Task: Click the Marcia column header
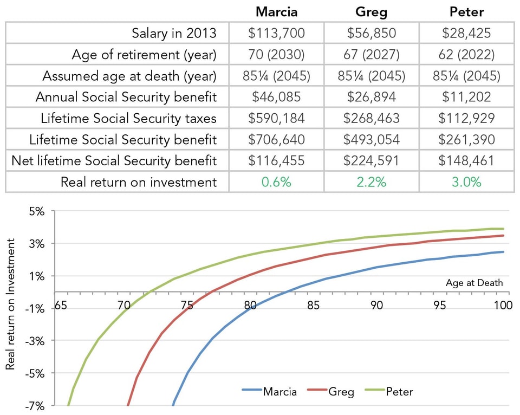coord(276,11)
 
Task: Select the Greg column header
coord(372,11)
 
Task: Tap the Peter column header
coord(466,11)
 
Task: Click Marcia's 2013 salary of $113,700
coord(276,34)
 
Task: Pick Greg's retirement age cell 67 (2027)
coord(372,55)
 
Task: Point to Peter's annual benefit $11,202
coord(466,97)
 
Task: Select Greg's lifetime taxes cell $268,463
coord(372,118)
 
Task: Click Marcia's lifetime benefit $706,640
coord(276,139)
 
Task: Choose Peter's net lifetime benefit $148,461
coord(466,160)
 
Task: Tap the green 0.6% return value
coord(276,182)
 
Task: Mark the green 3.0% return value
coord(466,182)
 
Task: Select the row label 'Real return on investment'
coord(139,182)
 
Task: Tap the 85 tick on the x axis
coord(313,306)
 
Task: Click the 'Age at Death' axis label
coord(474,283)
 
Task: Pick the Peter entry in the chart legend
coord(399,391)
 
